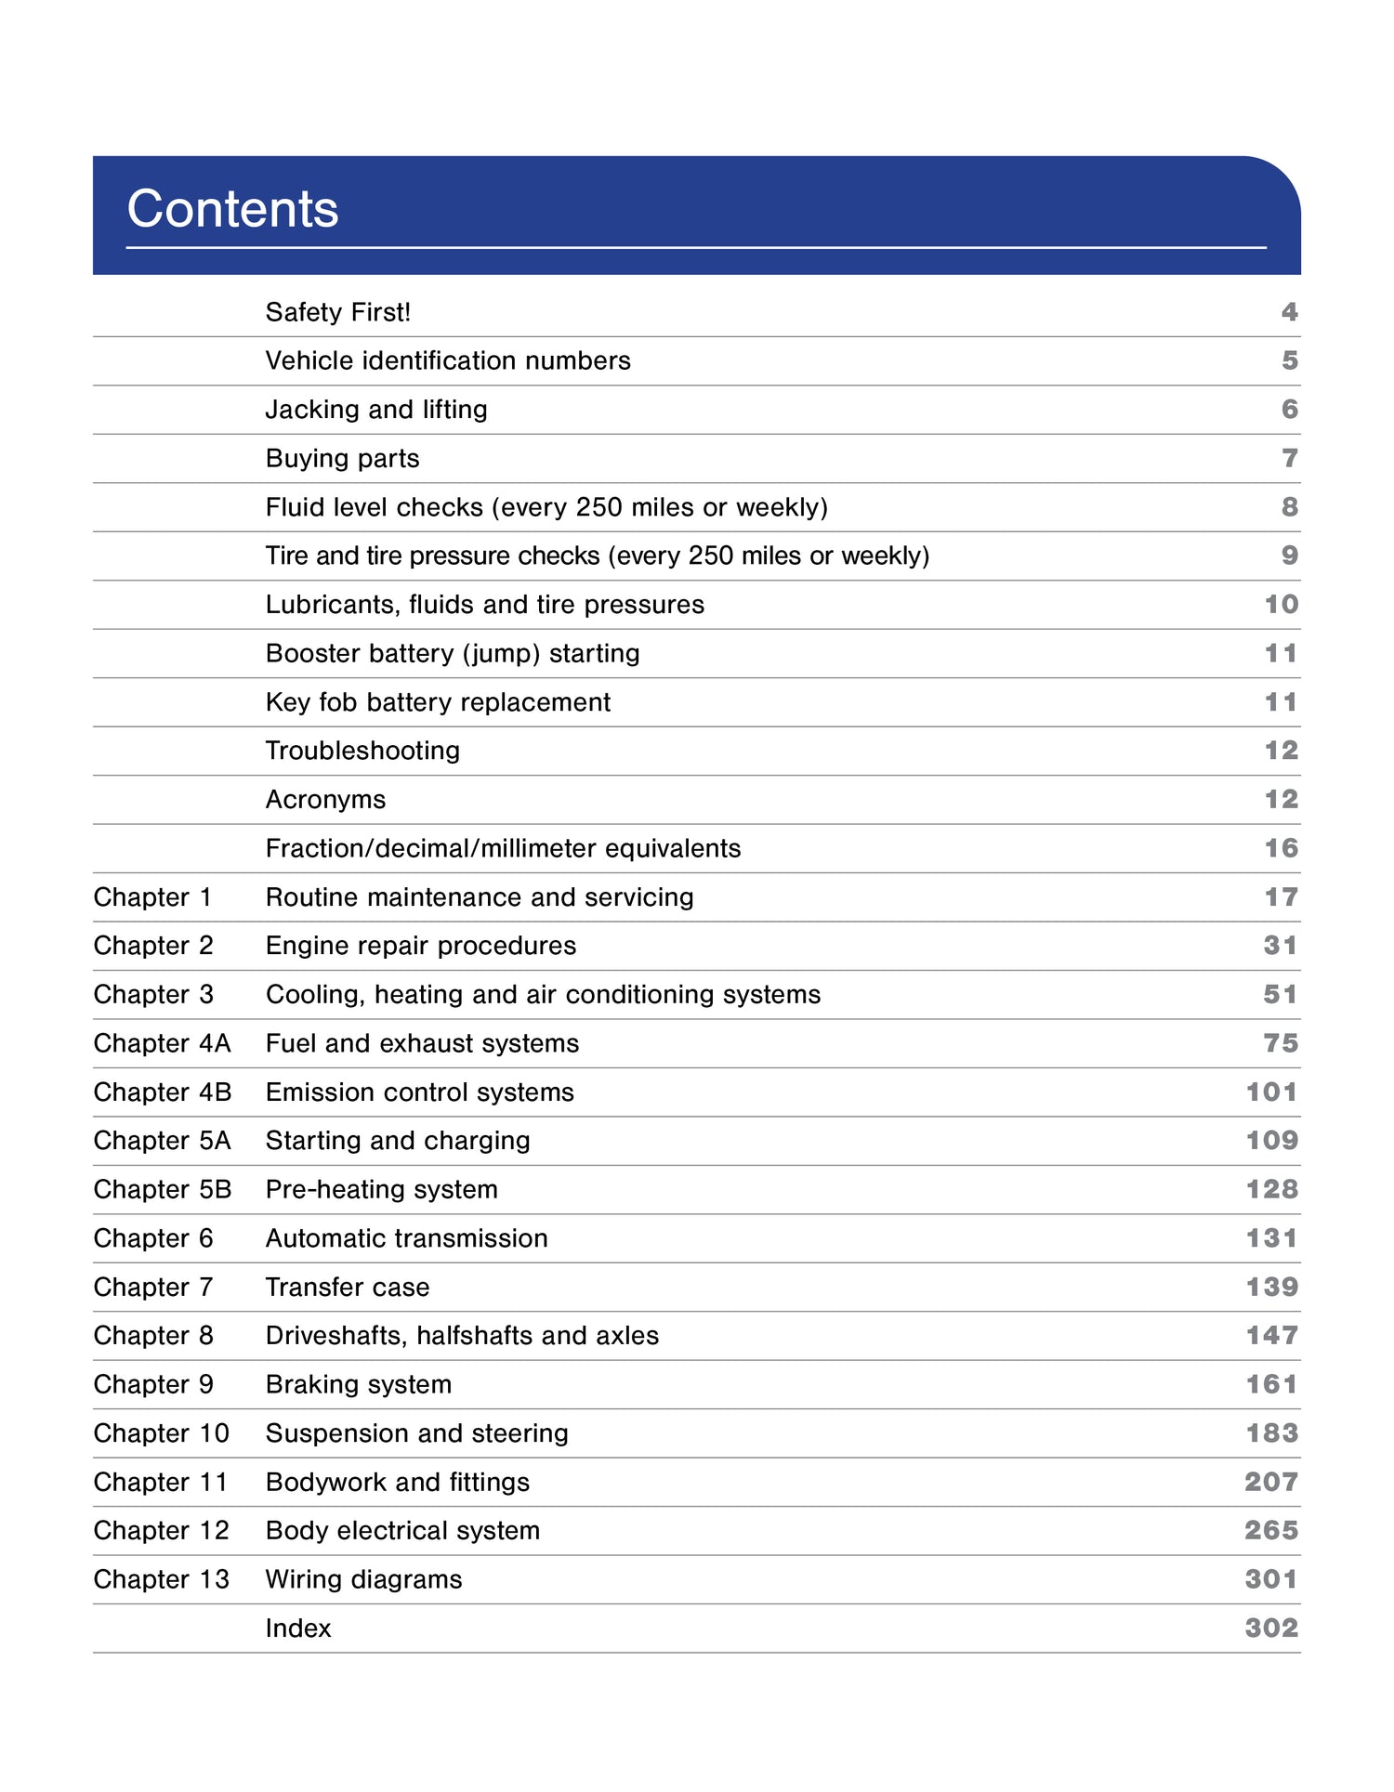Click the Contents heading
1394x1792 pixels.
tap(232, 208)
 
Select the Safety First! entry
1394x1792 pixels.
tap(337, 312)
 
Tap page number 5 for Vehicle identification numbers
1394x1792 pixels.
tap(1289, 360)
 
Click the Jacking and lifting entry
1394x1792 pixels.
tap(376, 410)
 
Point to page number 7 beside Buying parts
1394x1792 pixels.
tap(1289, 458)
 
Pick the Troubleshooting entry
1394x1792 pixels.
tap(362, 751)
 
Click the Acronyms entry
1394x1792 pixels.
tap(325, 800)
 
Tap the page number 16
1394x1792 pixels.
tap(1281, 848)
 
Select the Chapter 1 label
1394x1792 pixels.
tap(152, 897)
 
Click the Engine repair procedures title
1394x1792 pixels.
tap(421, 946)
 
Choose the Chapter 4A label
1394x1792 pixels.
tap(162, 1043)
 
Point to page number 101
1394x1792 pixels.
tap(1271, 1092)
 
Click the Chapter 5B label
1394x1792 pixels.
tap(163, 1190)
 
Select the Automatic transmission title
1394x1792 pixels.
tap(406, 1238)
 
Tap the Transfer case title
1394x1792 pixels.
tap(348, 1288)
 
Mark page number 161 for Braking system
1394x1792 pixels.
tap(1271, 1384)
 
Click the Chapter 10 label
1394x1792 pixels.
tap(161, 1433)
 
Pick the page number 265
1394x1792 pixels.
tap(1270, 1530)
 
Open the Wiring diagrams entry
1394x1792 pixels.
tap(363, 1579)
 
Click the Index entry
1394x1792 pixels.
tap(298, 1628)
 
